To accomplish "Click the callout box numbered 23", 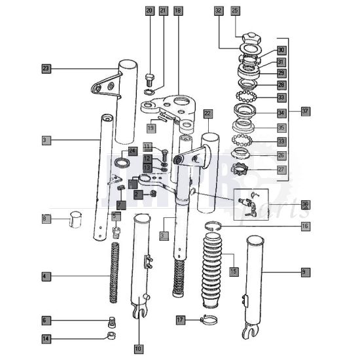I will [46, 68].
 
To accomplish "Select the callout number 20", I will [149, 11].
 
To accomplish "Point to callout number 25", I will [236, 11].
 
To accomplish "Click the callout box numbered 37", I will [305, 111].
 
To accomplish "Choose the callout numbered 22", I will [207, 113].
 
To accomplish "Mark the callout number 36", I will [305, 204].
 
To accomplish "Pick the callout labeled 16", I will [305, 226].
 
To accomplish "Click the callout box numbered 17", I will [181, 320].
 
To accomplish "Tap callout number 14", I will [46, 338].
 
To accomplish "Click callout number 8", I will [46, 218].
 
